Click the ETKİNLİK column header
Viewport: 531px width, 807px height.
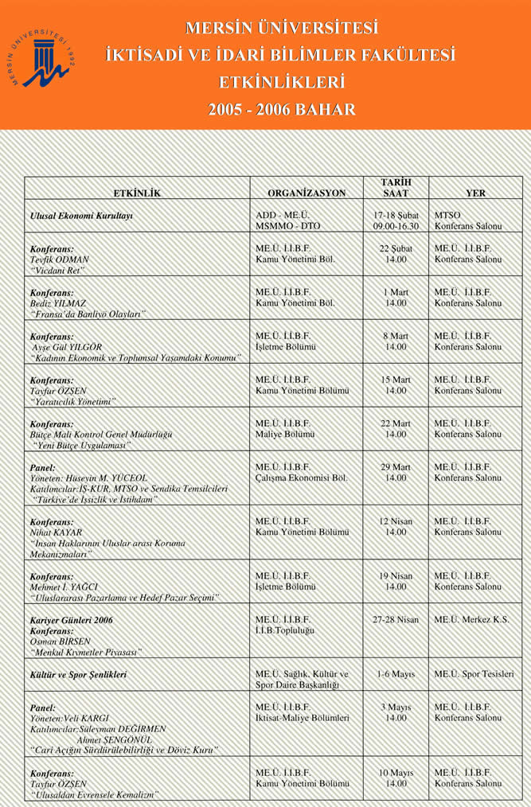click(x=137, y=193)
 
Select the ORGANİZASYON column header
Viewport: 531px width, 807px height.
click(x=306, y=193)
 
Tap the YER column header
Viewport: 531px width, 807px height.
click(x=475, y=193)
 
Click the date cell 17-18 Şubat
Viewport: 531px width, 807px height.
click(x=396, y=216)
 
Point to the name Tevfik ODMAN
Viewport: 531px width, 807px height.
click(x=60, y=259)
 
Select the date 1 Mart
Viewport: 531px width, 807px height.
click(x=396, y=291)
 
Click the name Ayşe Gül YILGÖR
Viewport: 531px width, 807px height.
click(x=67, y=348)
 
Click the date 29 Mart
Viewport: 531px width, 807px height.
click(x=396, y=466)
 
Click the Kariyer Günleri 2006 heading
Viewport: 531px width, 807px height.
click(x=71, y=619)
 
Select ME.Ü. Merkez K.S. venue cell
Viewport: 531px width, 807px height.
click(x=472, y=619)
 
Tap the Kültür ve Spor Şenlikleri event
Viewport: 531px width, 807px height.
click(x=78, y=674)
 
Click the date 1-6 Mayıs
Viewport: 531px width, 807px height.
click(x=396, y=674)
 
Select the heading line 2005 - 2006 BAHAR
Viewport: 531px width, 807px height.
click(x=281, y=109)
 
